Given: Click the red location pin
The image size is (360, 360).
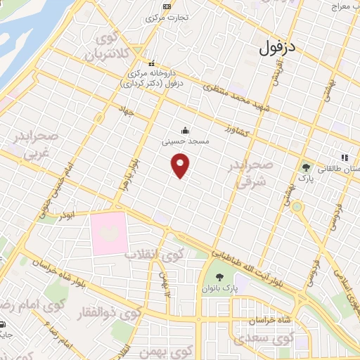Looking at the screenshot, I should (181, 166).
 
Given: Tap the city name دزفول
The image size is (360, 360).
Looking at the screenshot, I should (279, 49).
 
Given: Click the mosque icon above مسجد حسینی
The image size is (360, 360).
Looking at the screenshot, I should (184, 129).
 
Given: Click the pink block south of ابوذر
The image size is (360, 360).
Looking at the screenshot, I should (109, 234).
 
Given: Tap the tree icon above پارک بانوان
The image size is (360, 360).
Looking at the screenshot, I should (220, 276).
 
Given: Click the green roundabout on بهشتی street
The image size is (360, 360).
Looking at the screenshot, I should (297, 207).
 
